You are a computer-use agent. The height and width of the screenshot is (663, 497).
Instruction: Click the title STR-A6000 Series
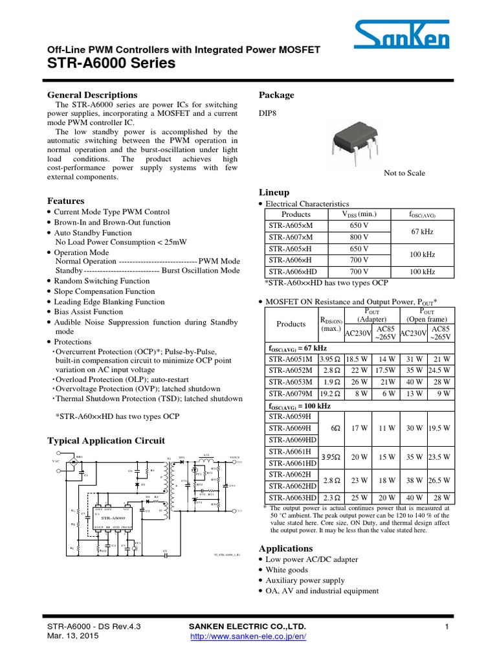(111, 63)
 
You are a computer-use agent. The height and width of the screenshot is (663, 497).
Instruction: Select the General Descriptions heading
(93, 95)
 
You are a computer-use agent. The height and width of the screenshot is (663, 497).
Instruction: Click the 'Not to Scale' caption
(404, 174)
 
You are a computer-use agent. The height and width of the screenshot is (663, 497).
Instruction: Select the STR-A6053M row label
(290, 382)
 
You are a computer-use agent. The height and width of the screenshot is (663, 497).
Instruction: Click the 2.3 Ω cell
(330, 497)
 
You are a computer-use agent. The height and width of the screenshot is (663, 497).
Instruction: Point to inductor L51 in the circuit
(207, 457)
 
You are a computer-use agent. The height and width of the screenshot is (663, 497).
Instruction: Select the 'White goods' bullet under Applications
(289, 570)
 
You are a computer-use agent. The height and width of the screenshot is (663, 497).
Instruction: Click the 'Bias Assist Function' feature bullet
(88, 311)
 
